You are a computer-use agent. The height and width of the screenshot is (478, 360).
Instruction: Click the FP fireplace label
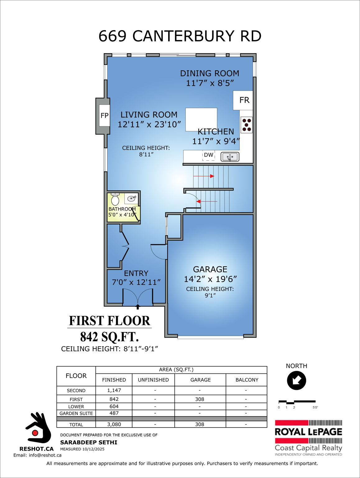(x=104, y=115)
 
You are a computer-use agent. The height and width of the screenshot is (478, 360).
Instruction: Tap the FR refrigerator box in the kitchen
(x=244, y=100)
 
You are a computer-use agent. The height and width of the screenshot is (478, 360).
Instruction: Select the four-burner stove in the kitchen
(x=247, y=125)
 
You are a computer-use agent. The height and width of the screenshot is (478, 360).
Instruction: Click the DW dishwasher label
(x=209, y=155)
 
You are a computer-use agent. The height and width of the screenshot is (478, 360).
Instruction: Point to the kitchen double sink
(x=230, y=157)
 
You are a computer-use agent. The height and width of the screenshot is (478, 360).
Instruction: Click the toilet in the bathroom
(x=115, y=199)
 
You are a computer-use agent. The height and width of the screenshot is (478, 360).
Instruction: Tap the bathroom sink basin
(x=132, y=198)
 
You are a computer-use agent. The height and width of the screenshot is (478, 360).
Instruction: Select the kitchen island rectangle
(x=201, y=119)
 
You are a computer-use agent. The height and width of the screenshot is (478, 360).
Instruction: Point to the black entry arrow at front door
(x=138, y=307)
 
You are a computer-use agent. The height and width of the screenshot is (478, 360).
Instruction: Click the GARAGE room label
(x=210, y=269)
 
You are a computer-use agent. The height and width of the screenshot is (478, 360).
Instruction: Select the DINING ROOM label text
(x=210, y=73)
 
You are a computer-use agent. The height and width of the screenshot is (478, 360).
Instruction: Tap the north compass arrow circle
(x=296, y=380)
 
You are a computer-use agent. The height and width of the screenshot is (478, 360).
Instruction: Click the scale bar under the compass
(x=297, y=402)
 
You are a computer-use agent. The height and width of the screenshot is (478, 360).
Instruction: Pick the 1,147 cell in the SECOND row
(x=114, y=390)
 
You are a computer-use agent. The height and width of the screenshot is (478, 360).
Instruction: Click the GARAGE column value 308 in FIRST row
(x=200, y=399)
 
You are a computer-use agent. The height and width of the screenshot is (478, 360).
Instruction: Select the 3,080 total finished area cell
(x=114, y=424)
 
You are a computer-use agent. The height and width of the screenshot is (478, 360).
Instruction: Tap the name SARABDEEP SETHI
(x=89, y=442)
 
